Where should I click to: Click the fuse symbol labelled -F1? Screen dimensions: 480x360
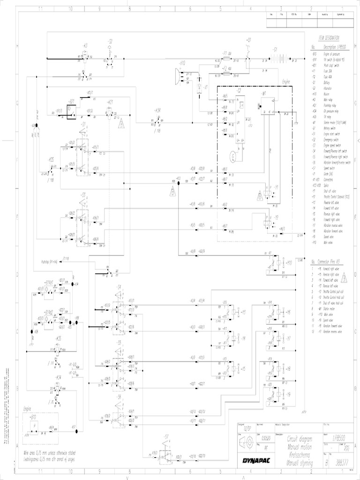(x=225, y=60)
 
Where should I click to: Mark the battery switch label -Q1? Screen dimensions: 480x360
(x=249, y=40)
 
